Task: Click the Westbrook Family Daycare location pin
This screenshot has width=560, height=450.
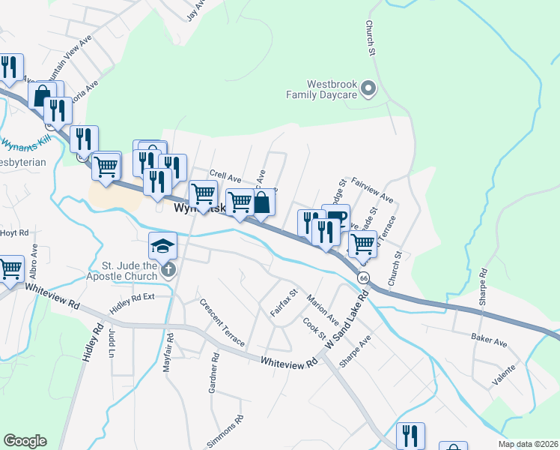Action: click(x=368, y=89)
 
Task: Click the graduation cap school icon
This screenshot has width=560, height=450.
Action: click(x=162, y=245)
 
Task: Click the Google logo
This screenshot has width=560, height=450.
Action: click(x=25, y=441)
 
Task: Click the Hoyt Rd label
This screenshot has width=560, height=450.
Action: click(x=14, y=232)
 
